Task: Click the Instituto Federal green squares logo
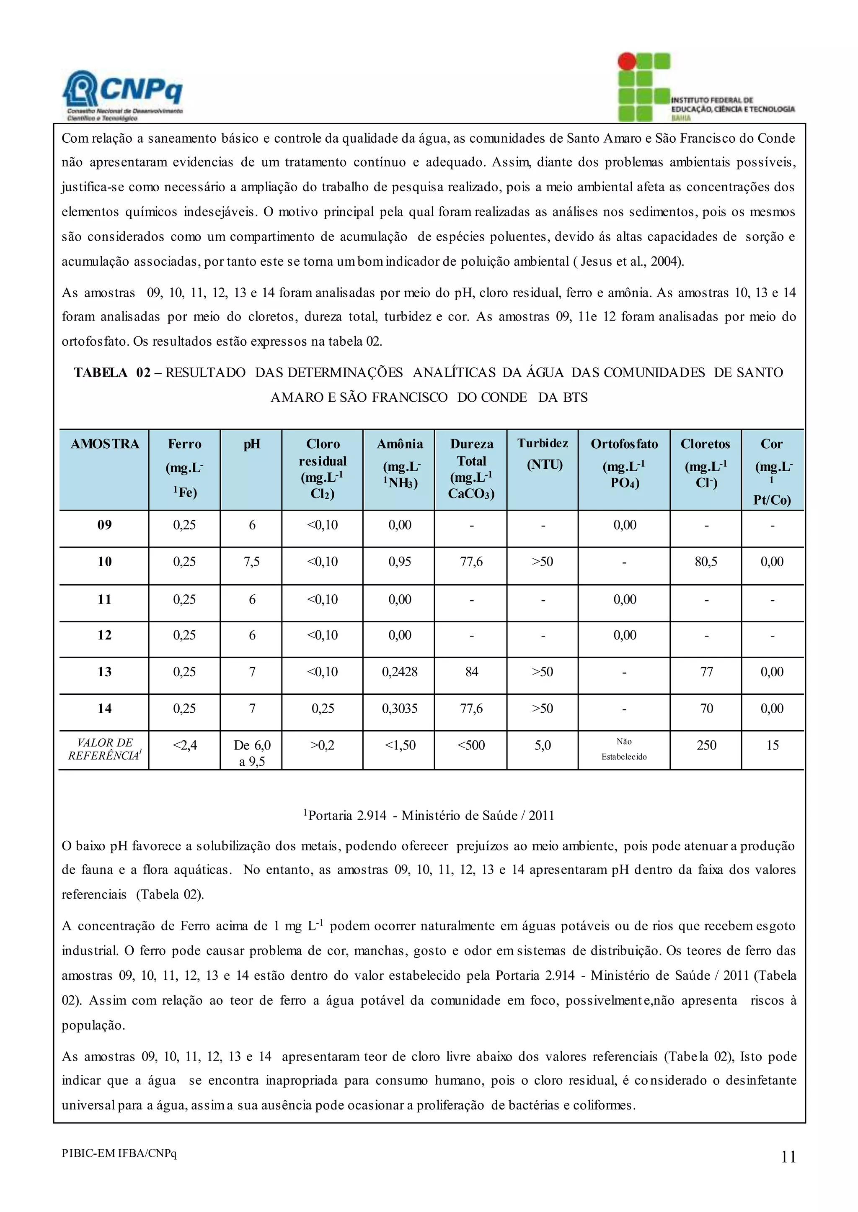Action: [x=643, y=87]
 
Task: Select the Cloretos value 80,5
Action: [x=706, y=562]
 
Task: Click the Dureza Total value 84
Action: [x=471, y=672]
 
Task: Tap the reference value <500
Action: [x=471, y=745]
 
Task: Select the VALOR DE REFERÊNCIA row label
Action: [x=104, y=749]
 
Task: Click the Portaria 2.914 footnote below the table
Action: [x=429, y=816]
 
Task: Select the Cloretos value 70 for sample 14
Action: [x=706, y=709]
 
